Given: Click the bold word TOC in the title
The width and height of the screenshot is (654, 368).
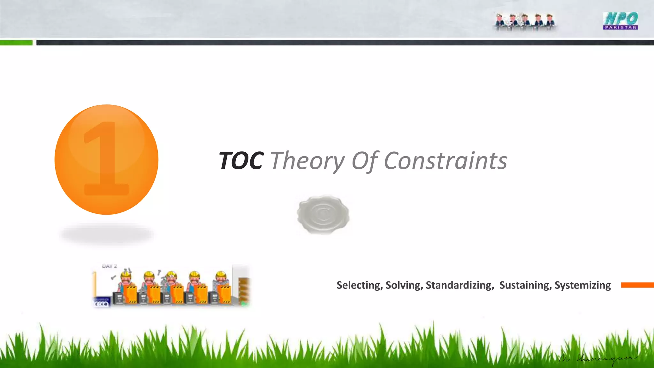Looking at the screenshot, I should [241, 161].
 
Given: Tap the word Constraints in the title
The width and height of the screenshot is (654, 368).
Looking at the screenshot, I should [445, 161].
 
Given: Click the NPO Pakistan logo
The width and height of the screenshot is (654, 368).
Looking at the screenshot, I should [620, 21].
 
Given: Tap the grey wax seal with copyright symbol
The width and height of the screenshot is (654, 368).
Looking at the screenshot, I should [323, 214].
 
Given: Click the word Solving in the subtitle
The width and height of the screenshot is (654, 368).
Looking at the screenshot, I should [404, 285].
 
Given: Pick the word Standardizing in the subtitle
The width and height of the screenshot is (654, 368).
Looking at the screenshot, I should [459, 285].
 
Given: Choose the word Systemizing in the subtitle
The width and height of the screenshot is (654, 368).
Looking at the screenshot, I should [582, 285].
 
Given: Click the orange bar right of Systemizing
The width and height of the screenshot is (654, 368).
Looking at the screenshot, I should [637, 285].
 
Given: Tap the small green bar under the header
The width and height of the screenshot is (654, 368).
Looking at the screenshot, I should [16, 43].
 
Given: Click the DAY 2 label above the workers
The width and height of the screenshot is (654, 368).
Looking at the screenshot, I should [110, 266].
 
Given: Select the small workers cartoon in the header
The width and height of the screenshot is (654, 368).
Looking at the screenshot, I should [524, 22].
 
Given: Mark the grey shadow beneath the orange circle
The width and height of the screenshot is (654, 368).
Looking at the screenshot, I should [106, 234].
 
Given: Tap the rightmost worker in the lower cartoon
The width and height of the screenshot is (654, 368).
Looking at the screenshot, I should [221, 283].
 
